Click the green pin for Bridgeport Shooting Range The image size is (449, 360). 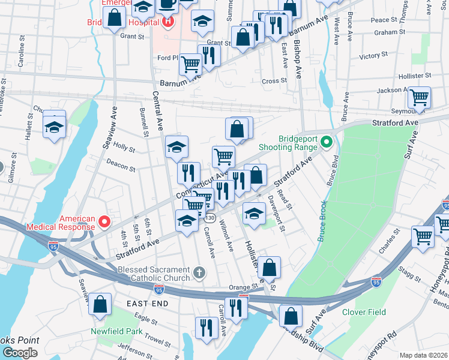tap(327, 142)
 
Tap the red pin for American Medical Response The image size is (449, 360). tap(104, 222)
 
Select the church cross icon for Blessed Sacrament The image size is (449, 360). tap(200, 274)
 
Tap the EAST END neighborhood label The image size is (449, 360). tap(146, 304)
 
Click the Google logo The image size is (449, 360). tap(20, 353)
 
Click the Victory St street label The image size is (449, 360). tap(373, 56)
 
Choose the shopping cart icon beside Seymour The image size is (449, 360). tap(419, 97)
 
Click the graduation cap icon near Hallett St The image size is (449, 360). tap(54, 127)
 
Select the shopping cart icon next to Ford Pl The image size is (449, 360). tap(190, 63)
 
